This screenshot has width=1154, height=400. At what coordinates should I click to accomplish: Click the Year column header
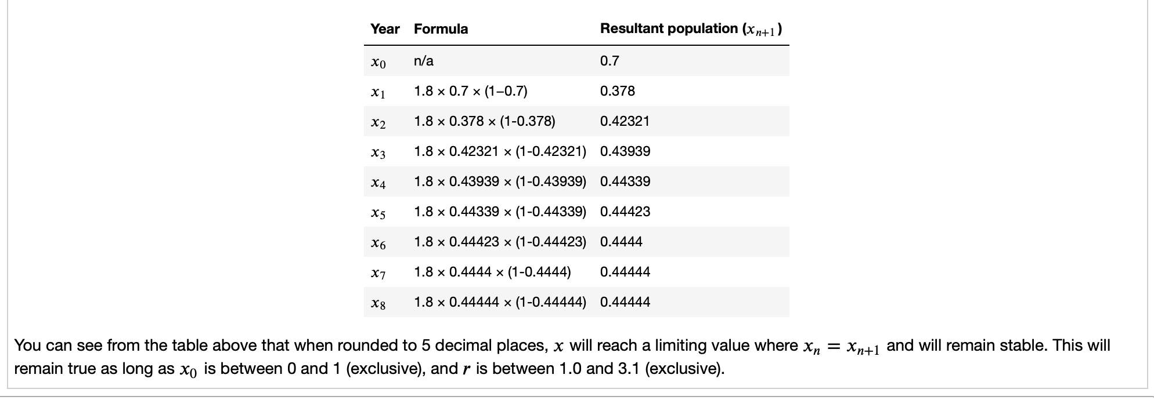click(385, 29)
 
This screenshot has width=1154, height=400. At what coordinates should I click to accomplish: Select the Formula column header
click(441, 29)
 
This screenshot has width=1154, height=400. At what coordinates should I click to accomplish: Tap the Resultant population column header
click(691, 29)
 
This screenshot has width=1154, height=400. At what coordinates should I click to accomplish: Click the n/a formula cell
click(423, 61)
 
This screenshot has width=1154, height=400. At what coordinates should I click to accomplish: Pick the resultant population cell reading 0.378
click(617, 91)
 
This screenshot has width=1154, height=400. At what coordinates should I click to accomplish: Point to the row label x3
click(378, 152)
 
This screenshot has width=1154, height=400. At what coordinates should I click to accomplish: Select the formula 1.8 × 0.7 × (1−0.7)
click(470, 91)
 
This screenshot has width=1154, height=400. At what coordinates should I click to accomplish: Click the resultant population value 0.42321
click(625, 121)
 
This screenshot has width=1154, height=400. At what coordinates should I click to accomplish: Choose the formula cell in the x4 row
click(500, 181)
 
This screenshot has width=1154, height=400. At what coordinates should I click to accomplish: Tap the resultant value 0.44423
click(625, 212)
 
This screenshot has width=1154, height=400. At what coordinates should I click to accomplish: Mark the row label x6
click(378, 243)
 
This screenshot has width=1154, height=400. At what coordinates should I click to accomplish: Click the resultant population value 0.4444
click(621, 242)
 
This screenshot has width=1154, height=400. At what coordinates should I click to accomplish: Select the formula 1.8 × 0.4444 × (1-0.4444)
click(492, 272)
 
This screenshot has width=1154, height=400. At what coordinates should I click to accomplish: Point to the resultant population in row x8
click(625, 302)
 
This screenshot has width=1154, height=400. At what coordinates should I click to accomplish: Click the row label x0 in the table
click(378, 62)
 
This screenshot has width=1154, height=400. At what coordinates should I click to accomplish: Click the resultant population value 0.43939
click(625, 151)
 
